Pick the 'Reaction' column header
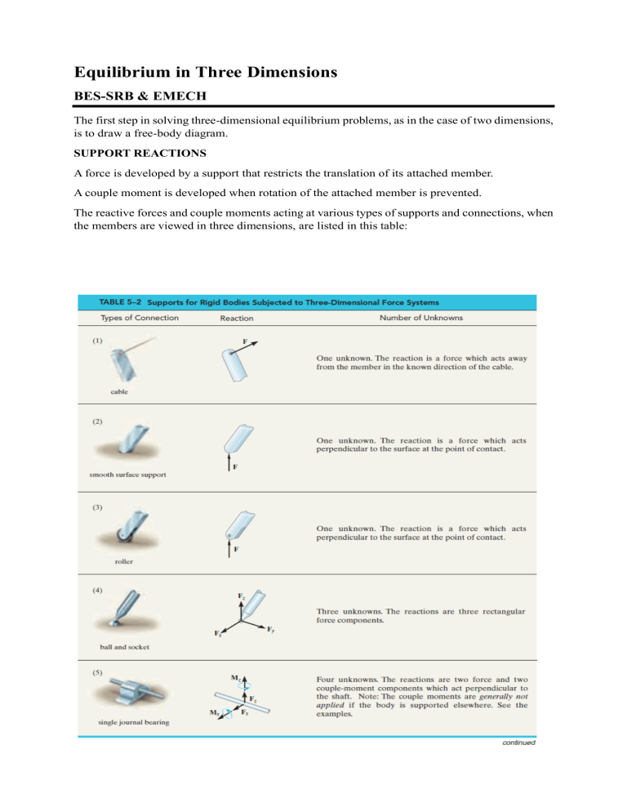[237, 318]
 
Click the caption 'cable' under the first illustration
[120, 392]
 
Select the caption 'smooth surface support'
[129, 474]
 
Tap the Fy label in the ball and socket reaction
[271, 629]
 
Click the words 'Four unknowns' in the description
[346, 679]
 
